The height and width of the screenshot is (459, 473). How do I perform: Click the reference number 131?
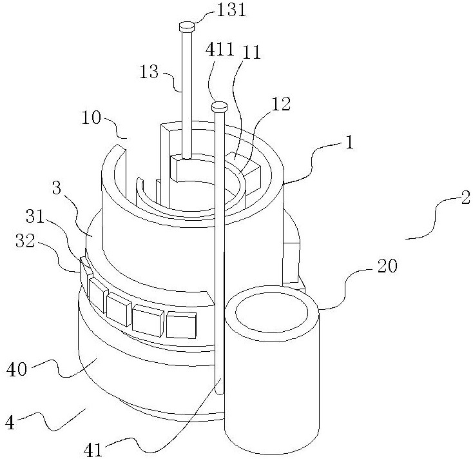pos(222,11)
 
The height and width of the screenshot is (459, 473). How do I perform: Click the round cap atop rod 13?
pos(187,26)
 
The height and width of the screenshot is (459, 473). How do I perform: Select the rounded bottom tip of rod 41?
pos(220,389)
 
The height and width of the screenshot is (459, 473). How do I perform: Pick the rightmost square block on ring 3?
pos(181,325)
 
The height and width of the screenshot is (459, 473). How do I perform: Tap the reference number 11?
pos(252,54)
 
